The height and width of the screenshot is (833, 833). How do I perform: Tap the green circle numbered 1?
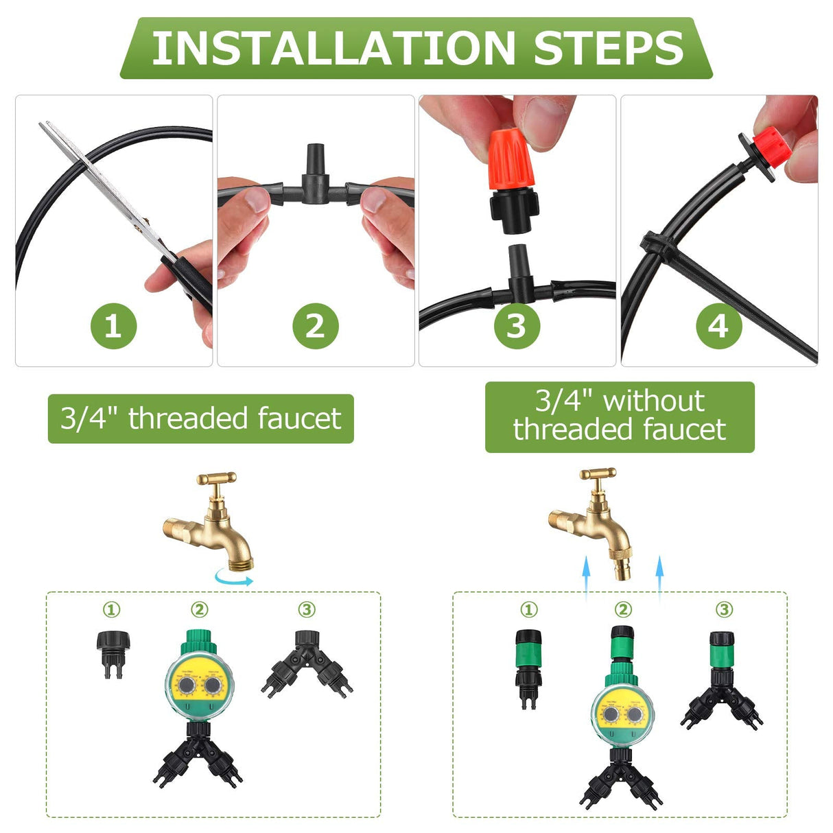click(114, 325)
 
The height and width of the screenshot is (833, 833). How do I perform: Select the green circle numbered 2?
click(316, 325)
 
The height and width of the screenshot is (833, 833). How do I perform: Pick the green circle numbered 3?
click(517, 325)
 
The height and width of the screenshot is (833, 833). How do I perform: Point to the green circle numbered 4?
click(718, 325)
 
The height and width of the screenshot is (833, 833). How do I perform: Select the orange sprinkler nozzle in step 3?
click(511, 161)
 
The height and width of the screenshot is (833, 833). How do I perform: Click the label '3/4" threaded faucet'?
click(200, 419)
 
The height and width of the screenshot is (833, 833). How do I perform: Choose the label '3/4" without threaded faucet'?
click(620, 416)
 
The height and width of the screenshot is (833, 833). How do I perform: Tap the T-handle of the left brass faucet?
click(217, 478)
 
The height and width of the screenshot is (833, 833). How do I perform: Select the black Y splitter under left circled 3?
click(307, 663)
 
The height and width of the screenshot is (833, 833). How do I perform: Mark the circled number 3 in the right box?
click(724, 609)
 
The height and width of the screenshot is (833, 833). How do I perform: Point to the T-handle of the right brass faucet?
click(598, 473)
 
